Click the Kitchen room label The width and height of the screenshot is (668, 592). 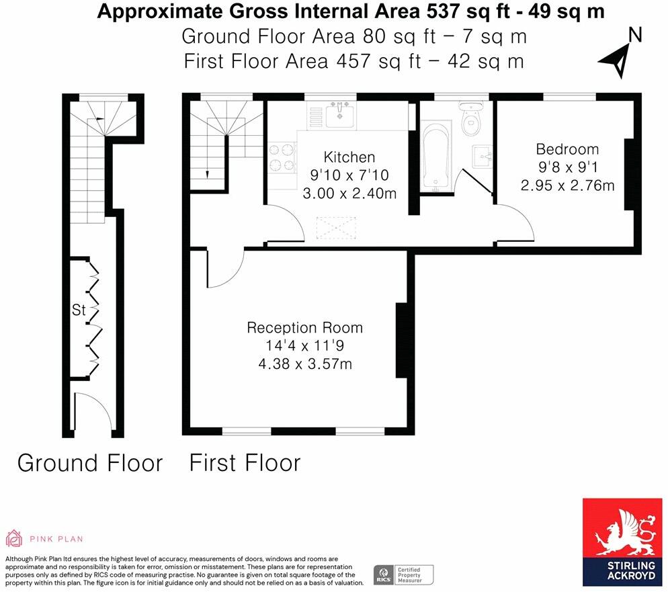(349, 157)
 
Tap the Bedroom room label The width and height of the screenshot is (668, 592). (567, 149)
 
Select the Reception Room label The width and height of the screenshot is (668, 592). (304, 328)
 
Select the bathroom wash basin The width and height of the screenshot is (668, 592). (483, 155)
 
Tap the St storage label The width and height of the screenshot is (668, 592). (79, 310)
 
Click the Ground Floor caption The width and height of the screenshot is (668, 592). (89, 463)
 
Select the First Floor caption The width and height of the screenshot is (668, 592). (244, 463)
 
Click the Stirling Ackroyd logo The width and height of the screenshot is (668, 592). (622, 542)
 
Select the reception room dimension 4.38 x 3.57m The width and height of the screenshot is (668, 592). (305, 364)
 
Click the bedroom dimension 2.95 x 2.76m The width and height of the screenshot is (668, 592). (567, 185)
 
